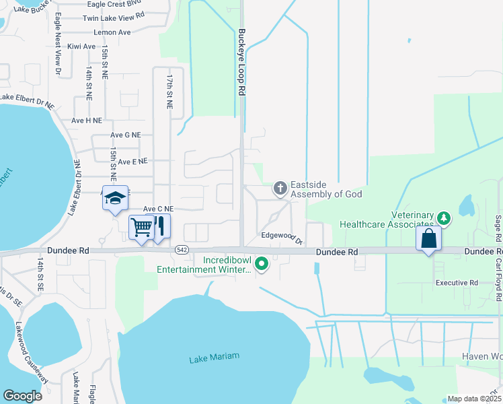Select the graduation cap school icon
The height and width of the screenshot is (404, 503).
click(115, 198)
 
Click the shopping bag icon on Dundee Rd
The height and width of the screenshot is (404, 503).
click(428, 238)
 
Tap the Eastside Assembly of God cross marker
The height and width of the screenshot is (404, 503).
click(280, 189)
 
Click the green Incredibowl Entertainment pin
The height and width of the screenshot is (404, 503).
click(262, 264)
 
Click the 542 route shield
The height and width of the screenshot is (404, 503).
click(182, 249)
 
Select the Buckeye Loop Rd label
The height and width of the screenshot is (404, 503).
click(240, 65)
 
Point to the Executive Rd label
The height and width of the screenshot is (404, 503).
click(457, 283)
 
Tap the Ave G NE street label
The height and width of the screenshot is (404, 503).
click(126, 135)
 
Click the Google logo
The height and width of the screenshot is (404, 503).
click(23, 396)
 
